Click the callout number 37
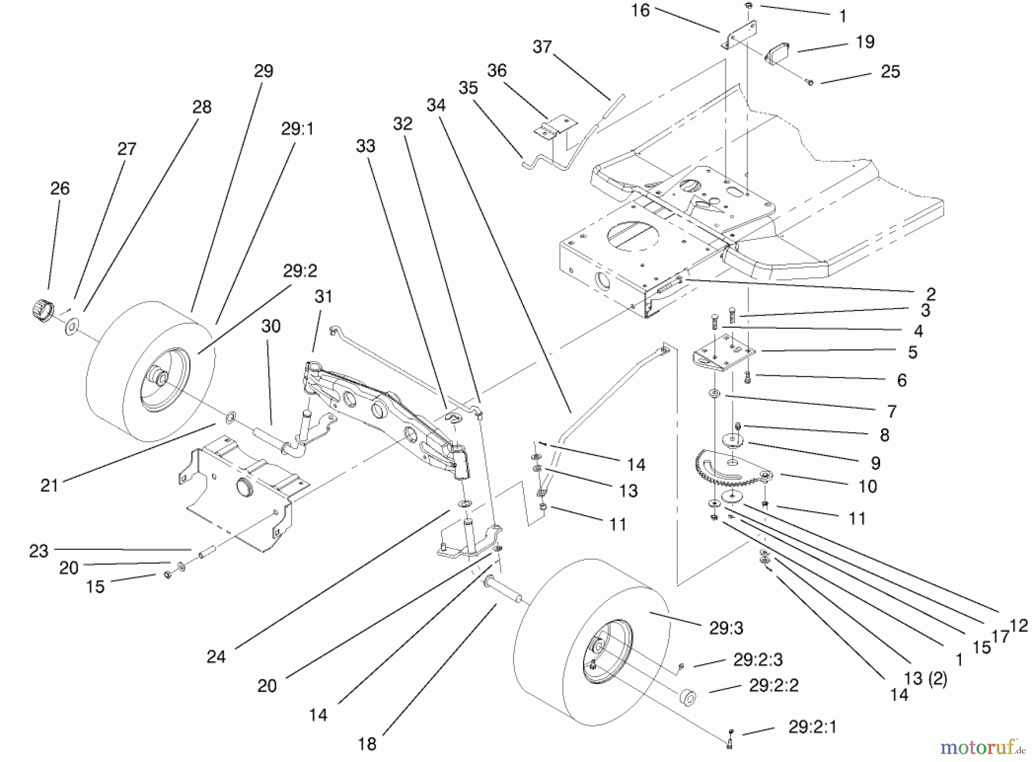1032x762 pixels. (x=542, y=46)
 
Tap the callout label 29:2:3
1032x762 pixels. (x=758, y=660)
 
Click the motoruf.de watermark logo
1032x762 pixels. (x=982, y=747)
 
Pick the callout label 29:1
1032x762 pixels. (x=297, y=129)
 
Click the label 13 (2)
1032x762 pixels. (x=925, y=679)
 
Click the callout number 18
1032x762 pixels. (x=367, y=744)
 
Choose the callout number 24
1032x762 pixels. (x=216, y=657)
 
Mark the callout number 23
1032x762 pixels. (x=38, y=551)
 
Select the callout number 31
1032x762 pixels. (x=323, y=297)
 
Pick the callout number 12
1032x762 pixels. (x=1019, y=626)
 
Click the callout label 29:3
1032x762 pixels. (x=726, y=628)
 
